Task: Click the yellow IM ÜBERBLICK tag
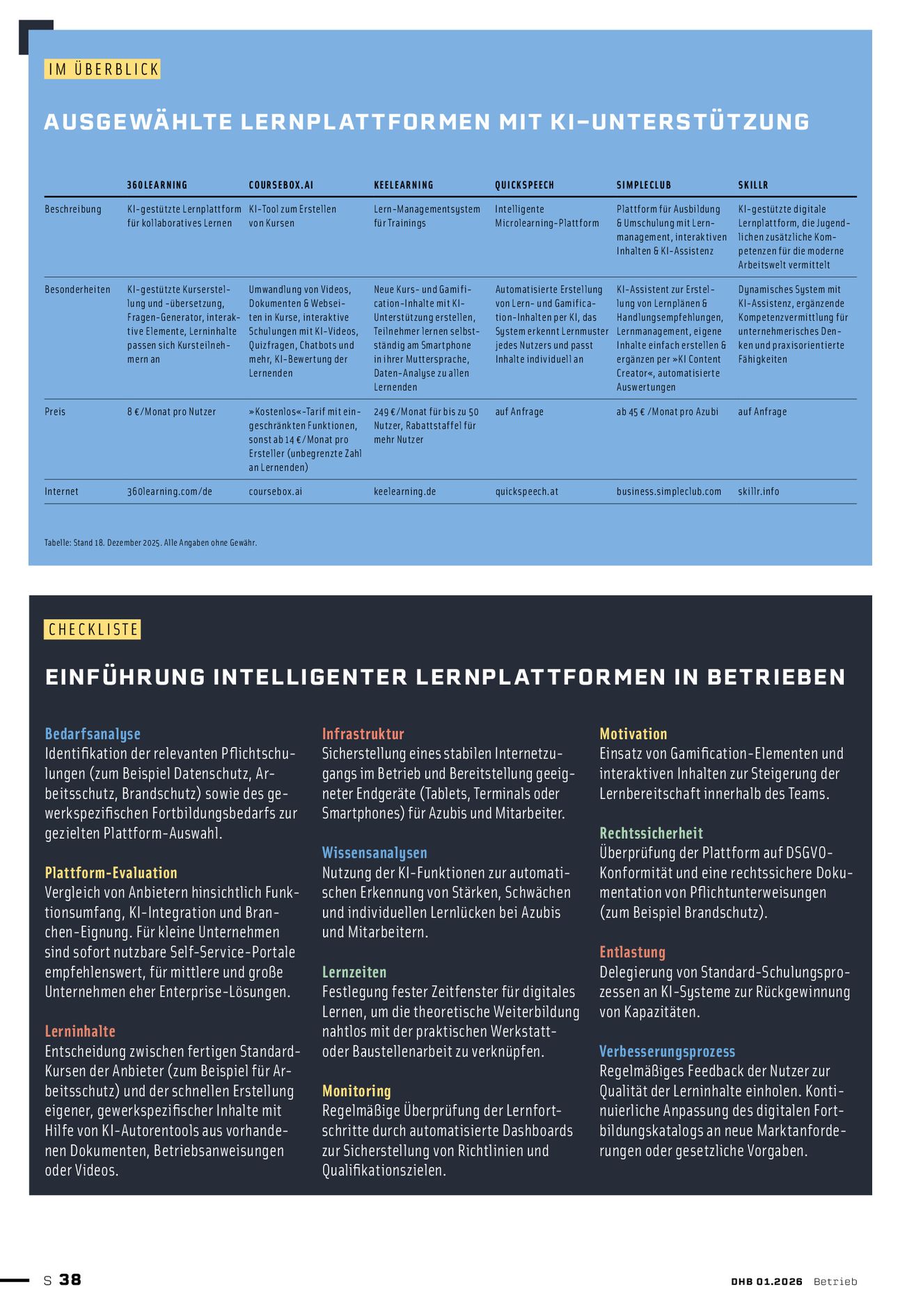coord(102,69)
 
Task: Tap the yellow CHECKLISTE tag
coord(93,629)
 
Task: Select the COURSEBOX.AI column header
coord(281,185)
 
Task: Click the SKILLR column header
coord(753,185)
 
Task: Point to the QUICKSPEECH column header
coord(524,185)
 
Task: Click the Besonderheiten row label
coord(77,290)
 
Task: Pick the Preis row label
coord(55,412)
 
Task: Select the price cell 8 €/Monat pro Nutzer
coord(171,412)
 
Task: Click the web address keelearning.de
coord(404,491)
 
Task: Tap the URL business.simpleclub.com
coord(668,491)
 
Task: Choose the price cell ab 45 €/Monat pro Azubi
coord(667,412)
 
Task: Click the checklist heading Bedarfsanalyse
coord(93,734)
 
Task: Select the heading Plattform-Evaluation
coord(111,873)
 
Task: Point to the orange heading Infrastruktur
coord(363,734)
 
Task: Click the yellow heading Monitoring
coord(356,1091)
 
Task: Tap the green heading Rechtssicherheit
coord(651,833)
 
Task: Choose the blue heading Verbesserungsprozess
coord(667,1051)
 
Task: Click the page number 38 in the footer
coord(70,1279)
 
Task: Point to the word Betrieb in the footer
coord(835,1281)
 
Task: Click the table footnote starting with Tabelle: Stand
coord(150,543)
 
